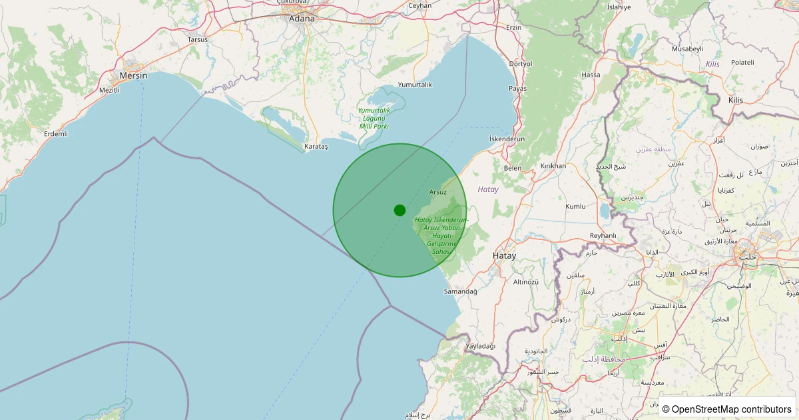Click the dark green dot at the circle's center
[400, 210]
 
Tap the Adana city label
[302, 19]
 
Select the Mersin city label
[133, 75]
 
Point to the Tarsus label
[197, 39]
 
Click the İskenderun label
[507, 139]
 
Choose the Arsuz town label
[437, 192]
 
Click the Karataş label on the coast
[316, 145]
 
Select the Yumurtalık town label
[415, 85]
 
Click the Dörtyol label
[520, 64]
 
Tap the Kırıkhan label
[553, 165]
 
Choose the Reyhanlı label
[603, 235]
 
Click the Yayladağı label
[481, 346]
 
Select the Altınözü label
[526, 281]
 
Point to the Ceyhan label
[419, 5]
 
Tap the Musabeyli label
[687, 49]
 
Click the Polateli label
[742, 62]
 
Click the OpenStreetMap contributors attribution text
[727, 409]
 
